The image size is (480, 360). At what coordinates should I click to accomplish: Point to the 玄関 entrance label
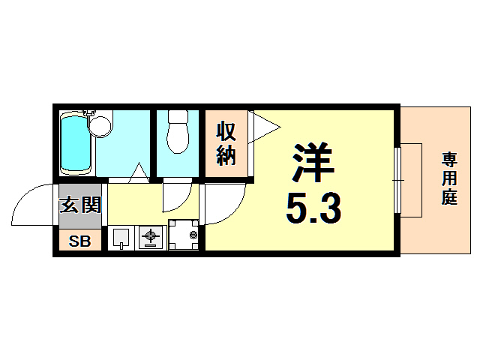pyautogui.click(x=79, y=204)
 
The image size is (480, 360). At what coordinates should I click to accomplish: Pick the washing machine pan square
pyautogui.click(x=183, y=235)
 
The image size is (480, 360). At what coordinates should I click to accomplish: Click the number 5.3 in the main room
pyautogui.click(x=313, y=208)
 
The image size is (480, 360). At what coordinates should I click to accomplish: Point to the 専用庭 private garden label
pyautogui.click(x=448, y=179)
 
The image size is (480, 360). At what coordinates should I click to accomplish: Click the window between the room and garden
pyautogui.click(x=397, y=180)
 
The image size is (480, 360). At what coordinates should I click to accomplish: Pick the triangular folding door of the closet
pyautogui.click(x=262, y=125)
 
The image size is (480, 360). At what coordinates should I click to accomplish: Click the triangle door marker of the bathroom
pyautogui.click(x=137, y=173)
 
